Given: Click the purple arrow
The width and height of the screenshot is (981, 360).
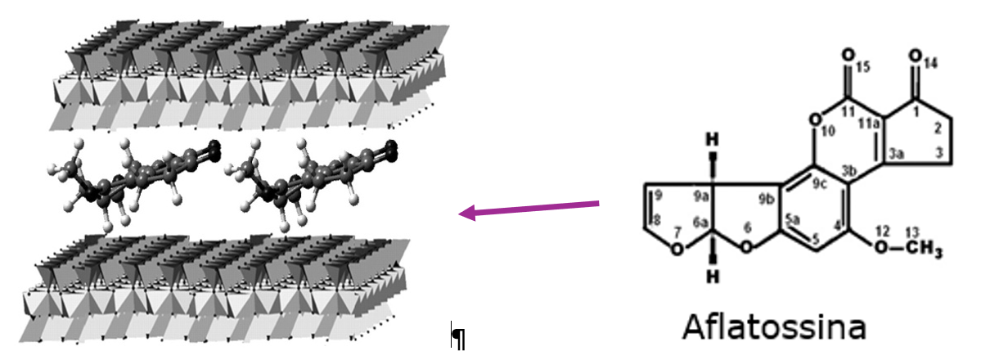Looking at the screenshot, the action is coord(529,209).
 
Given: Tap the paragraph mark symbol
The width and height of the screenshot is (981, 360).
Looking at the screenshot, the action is coord(459,336).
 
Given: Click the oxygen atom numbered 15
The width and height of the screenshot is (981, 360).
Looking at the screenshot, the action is coord(848,56).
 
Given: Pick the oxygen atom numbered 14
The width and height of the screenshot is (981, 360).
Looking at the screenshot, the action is coord(916,56).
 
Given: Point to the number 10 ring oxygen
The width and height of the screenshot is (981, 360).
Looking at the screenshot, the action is coord(813,119).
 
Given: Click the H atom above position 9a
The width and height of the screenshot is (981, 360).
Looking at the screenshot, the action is coord(711,138).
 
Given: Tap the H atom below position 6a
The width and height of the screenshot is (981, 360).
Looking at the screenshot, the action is coord(711,276).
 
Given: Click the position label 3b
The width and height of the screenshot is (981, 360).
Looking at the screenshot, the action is coord(849,170).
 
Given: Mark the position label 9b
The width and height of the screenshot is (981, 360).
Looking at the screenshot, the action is coord(767,200).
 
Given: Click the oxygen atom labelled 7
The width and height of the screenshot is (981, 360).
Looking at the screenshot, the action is coord(677,250).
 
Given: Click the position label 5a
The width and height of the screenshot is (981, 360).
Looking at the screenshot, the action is coord(793,219).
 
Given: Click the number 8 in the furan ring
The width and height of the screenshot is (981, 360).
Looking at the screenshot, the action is coord(657,220).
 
